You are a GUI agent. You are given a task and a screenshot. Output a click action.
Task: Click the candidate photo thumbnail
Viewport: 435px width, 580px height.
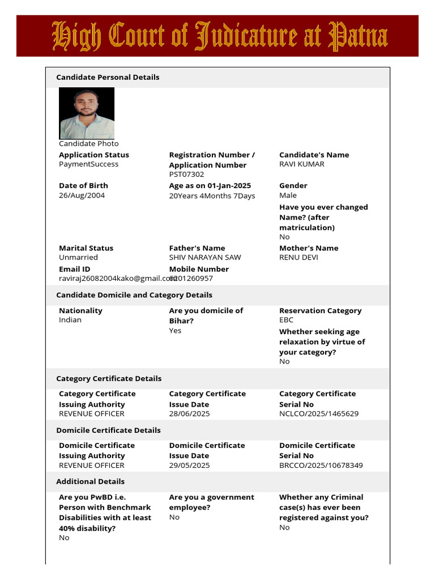click(87, 113)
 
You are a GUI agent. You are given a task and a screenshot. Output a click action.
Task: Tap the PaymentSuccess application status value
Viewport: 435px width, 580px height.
click(88, 164)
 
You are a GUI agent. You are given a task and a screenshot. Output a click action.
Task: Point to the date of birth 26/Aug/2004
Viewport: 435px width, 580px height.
click(82, 195)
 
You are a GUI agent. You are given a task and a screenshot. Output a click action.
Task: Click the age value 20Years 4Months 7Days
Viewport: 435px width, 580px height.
click(212, 196)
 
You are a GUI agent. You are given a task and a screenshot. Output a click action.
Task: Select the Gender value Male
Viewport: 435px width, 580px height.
click(288, 195)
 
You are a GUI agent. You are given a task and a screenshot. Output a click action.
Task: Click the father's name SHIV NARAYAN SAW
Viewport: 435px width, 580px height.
click(204, 257)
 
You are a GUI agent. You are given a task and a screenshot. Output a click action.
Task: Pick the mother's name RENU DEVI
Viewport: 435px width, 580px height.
click(298, 257)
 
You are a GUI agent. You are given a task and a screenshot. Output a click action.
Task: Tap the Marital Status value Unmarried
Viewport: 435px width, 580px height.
click(78, 257)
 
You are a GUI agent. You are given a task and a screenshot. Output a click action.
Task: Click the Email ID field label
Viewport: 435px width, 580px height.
click(74, 269)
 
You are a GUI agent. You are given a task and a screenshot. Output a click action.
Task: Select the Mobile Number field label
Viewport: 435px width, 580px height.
click(199, 269)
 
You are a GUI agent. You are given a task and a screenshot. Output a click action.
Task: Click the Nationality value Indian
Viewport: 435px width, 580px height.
click(70, 320)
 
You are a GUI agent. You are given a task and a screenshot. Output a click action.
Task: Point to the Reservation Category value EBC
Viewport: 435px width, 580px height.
click(287, 320)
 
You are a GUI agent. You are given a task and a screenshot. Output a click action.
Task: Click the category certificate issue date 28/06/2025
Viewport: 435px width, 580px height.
click(189, 414)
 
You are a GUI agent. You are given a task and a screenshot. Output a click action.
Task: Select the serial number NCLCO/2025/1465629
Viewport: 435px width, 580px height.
click(319, 414)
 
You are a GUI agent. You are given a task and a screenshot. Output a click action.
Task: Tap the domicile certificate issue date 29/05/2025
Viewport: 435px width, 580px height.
click(189, 466)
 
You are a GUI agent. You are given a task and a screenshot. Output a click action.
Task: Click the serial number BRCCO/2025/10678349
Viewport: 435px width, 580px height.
click(321, 466)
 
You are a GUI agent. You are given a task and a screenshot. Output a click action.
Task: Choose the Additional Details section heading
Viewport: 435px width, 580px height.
click(91, 481)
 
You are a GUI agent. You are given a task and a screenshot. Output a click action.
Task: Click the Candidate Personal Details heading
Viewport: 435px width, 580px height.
click(108, 77)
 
